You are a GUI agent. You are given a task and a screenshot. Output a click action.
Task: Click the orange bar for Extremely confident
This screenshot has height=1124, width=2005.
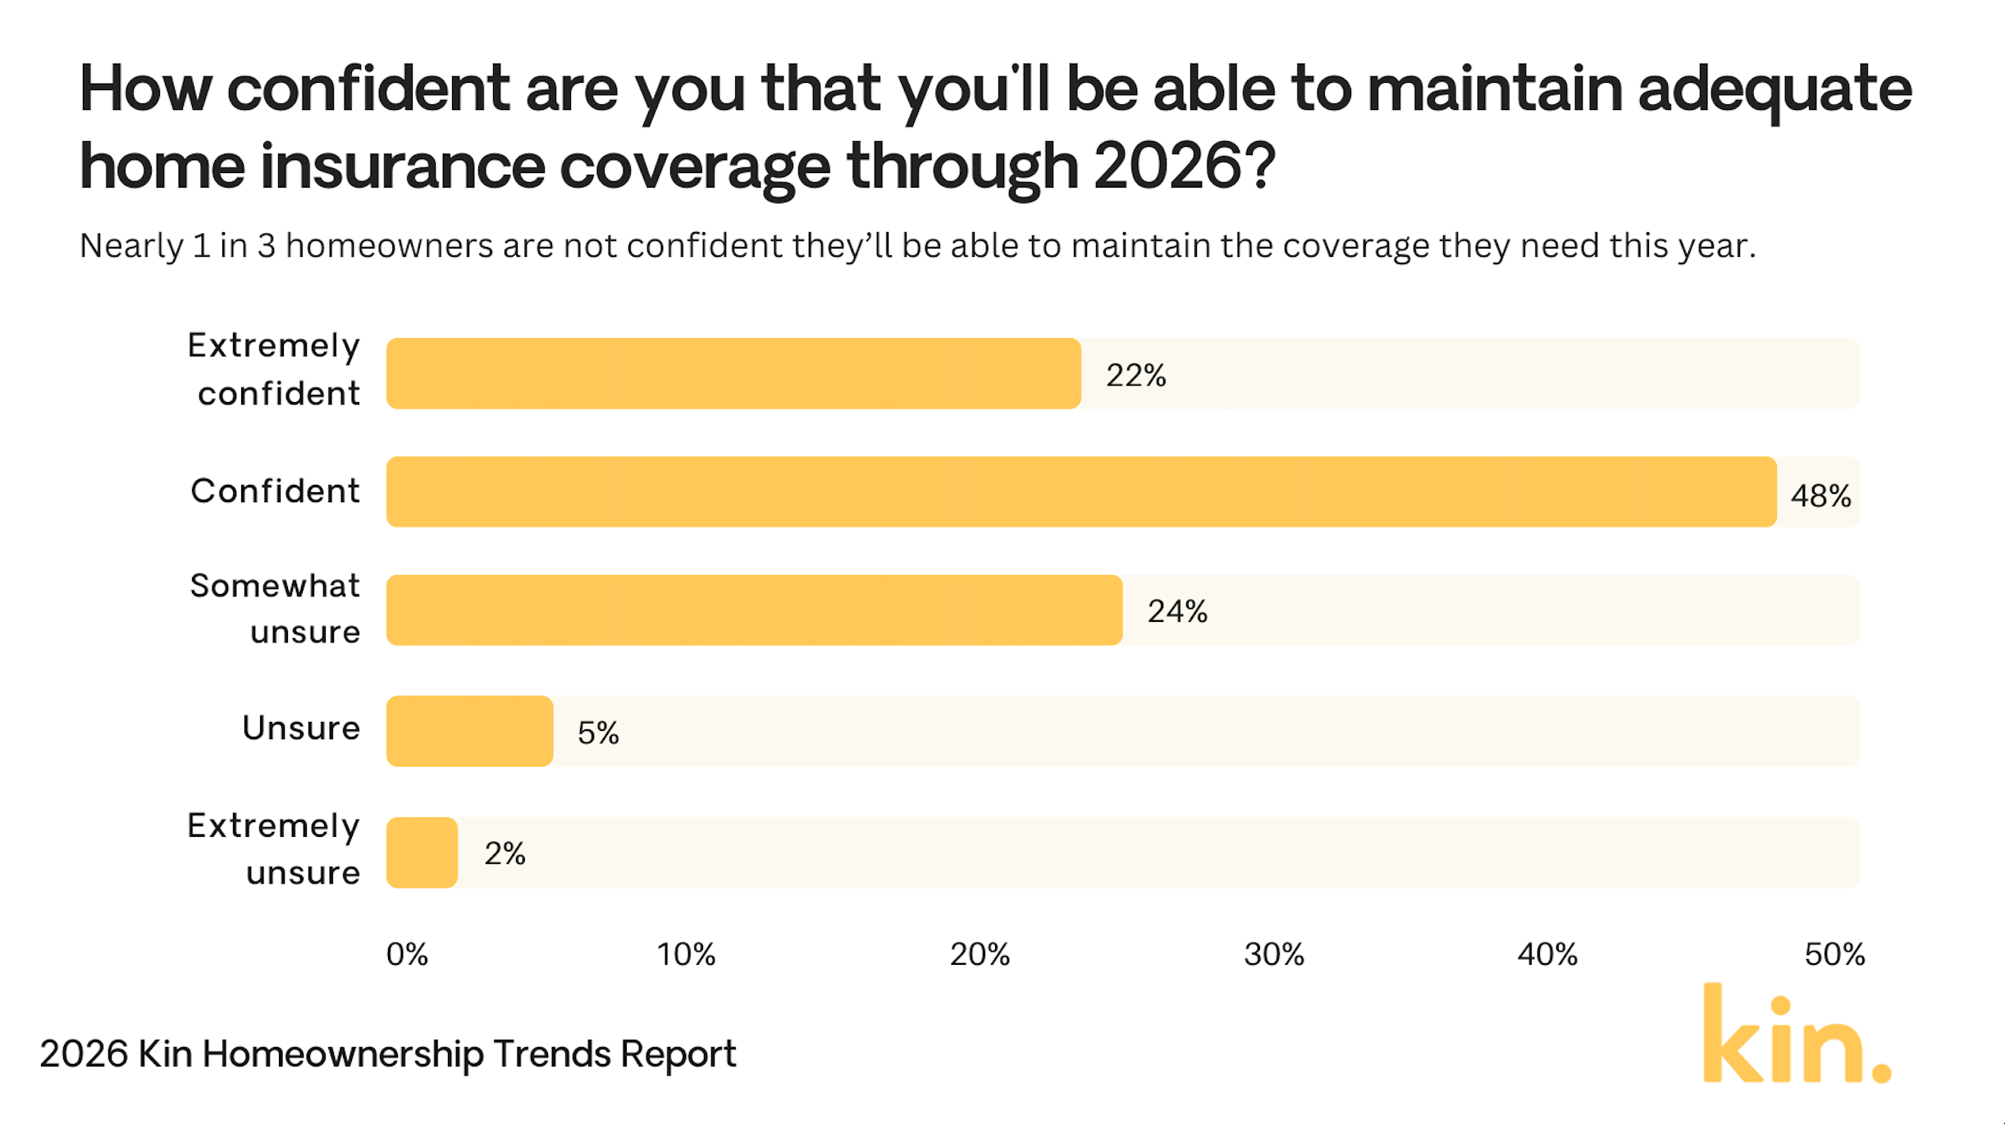pyautogui.click(x=733, y=373)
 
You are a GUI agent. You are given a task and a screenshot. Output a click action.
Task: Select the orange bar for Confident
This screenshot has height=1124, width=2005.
pyautogui.click(x=1080, y=491)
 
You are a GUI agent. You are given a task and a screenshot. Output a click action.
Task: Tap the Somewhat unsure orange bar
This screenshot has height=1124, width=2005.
pyautogui.click(x=753, y=610)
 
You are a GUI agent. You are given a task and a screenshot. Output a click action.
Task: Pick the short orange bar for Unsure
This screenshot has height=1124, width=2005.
pyautogui.click(x=469, y=731)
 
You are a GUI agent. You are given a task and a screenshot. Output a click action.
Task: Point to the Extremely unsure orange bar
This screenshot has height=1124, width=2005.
pyautogui.click(x=422, y=852)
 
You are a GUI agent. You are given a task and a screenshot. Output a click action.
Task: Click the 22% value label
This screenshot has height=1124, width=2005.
pyautogui.click(x=1135, y=376)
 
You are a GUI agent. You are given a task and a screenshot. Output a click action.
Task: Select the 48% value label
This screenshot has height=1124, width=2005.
pyautogui.click(x=1820, y=496)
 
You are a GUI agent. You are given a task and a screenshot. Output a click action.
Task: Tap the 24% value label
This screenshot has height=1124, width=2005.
pyautogui.click(x=1176, y=611)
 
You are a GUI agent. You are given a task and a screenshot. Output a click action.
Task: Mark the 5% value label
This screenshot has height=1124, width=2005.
pyautogui.click(x=597, y=733)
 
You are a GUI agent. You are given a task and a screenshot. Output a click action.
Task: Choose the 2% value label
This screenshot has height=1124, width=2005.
pyautogui.click(x=505, y=853)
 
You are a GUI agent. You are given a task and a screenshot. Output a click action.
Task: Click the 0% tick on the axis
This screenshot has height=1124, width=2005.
pyautogui.click(x=407, y=954)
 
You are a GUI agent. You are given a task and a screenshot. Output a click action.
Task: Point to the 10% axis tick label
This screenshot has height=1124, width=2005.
pyautogui.click(x=686, y=954)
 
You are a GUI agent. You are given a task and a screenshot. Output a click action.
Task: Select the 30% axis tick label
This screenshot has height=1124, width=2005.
pyautogui.click(x=1273, y=954)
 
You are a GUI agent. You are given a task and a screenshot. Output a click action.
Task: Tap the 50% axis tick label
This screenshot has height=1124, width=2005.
pyautogui.click(x=1834, y=954)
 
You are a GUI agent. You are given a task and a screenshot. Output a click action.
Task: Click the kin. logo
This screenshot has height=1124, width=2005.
pyautogui.click(x=1797, y=1035)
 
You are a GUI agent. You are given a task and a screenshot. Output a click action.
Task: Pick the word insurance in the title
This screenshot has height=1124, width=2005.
pyautogui.click(x=402, y=166)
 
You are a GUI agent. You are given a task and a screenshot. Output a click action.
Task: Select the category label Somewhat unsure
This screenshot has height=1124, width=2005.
pyautogui.click(x=276, y=609)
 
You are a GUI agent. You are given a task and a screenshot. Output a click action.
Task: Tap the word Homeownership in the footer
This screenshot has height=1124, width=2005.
pyautogui.click(x=342, y=1054)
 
